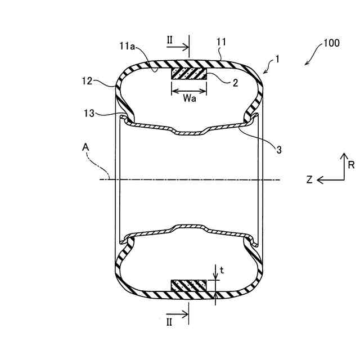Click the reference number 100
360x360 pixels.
331,43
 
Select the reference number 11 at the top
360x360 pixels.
221,41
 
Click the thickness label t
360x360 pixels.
222,269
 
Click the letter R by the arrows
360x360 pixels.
351,165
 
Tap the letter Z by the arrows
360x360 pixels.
309,180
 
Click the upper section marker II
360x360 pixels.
170,40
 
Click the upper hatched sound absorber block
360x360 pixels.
190,74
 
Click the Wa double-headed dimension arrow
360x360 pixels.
190,89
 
